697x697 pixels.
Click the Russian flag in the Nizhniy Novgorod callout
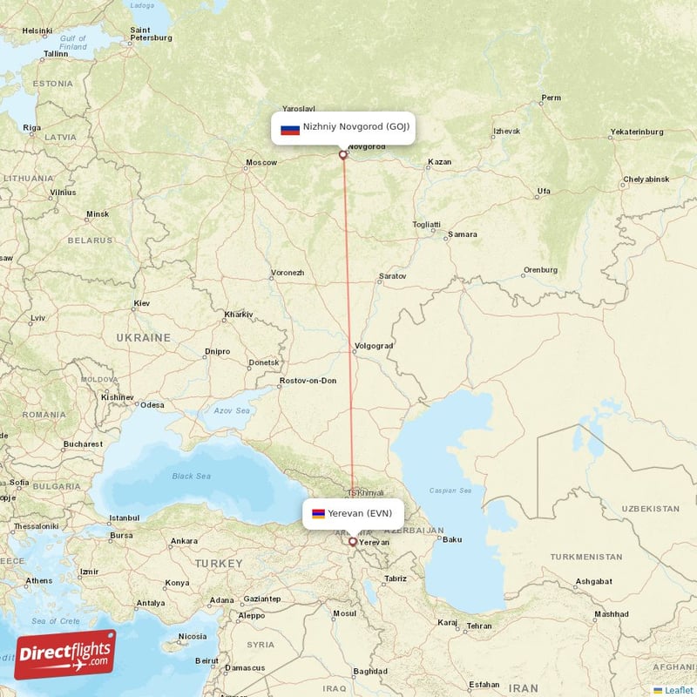click(290, 130)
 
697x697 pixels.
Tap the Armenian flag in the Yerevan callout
click(318, 514)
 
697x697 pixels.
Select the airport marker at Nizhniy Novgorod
click(343, 155)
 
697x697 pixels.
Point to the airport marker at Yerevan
click(352, 541)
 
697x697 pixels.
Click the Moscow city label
click(261, 163)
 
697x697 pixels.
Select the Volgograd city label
click(375, 346)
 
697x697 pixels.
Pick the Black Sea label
click(192, 476)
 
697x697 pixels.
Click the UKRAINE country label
click(144, 337)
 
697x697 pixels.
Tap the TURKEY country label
click(219, 564)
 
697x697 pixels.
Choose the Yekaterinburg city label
click(637, 132)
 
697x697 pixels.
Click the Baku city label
click(452, 539)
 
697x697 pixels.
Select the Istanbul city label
click(124, 518)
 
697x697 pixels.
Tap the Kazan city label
click(441, 162)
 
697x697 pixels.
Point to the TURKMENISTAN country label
click(586, 556)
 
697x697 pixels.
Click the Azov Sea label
click(232, 410)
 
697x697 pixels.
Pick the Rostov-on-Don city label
click(308, 381)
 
